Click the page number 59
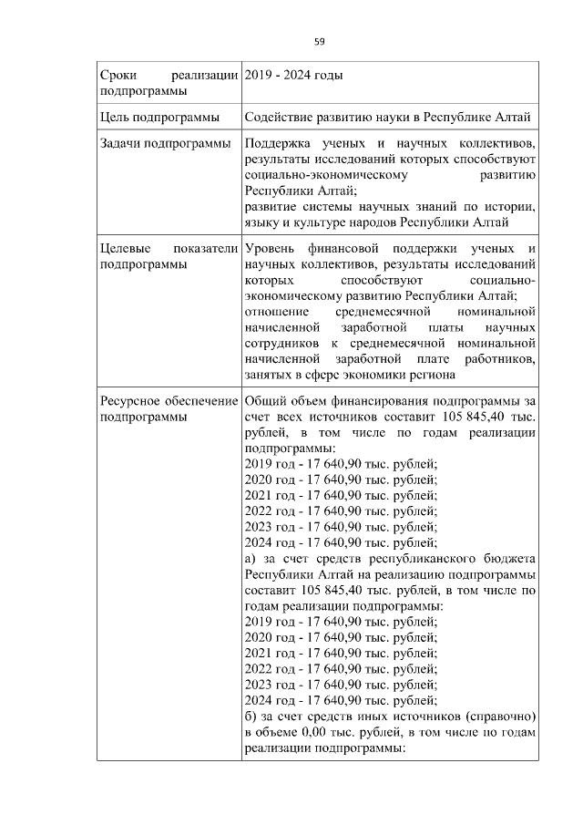320,41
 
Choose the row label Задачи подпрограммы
162,144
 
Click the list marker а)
252,558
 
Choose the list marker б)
252,716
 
